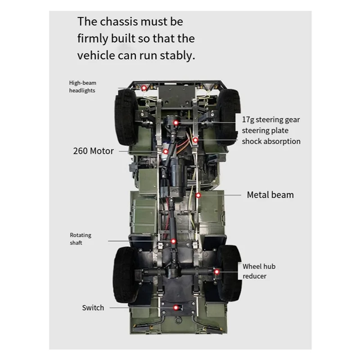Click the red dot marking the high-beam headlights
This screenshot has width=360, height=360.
pyautogui.click(x=144, y=88)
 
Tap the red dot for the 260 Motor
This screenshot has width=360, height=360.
pyautogui.click(x=166, y=152)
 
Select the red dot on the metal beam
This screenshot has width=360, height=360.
pyautogui.click(x=198, y=195)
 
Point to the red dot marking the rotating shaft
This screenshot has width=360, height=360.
pyautogui.click(x=174, y=241)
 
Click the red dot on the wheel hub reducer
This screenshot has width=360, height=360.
pyautogui.click(x=216, y=272)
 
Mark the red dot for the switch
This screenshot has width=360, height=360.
pyautogui.click(x=176, y=308)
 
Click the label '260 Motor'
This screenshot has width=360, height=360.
pyautogui.click(x=94, y=151)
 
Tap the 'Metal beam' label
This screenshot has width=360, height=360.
pyautogui.click(x=270, y=195)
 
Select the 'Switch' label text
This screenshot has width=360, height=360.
pyautogui.click(x=93, y=308)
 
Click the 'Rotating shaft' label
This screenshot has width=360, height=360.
pyautogui.click(x=81, y=239)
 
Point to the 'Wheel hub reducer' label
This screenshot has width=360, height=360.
pyautogui.click(x=259, y=271)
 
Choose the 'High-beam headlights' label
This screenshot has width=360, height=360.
pyautogui.click(x=83, y=86)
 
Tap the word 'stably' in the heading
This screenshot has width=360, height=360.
pyautogui.click(x=177, y=56)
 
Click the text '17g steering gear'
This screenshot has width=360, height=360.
pyautogui.click(x=271, y=120)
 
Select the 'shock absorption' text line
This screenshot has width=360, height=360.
pyautogui.click(x=271, y=141)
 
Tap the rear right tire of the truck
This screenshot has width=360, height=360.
pyautogui.click(x=230, y=273)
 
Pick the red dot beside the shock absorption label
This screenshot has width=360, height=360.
pyautogui.click(x=195, y=140)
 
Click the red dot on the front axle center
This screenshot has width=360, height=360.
pyautogui.click(x=176, y=123)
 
